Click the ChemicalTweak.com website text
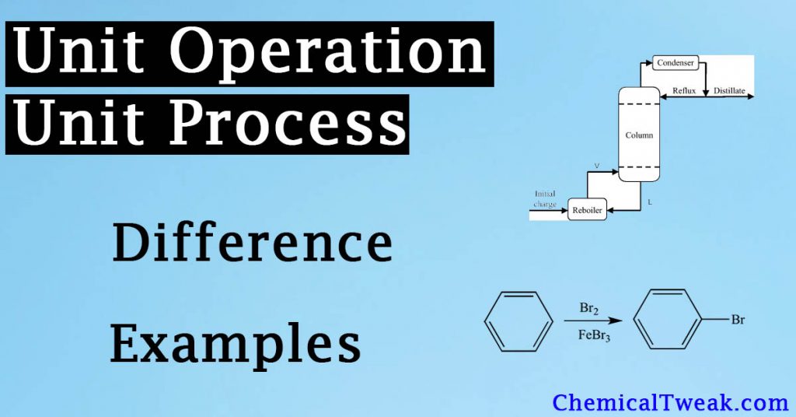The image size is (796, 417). pyautogui.click(x=670, y=402)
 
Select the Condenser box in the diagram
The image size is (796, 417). pyautogui.click(x=675, y=62)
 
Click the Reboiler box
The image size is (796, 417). pyautogui.click(x=587, y=209)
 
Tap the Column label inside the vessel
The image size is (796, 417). pyautogui.click(x=639, y=135)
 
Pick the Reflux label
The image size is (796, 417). pyautogui.click(x=684, y=91)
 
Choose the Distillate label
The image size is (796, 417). pyautogui.click(x=729, y=91)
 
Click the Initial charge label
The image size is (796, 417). pyautogui.click(x=545, y=199)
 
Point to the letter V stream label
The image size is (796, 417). pyautogui.click(x=597, y=166)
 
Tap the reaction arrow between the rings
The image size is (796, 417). pyautogui.click(x=582, y=321)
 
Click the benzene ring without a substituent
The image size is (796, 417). pyautogui.click(x=513, y=321)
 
